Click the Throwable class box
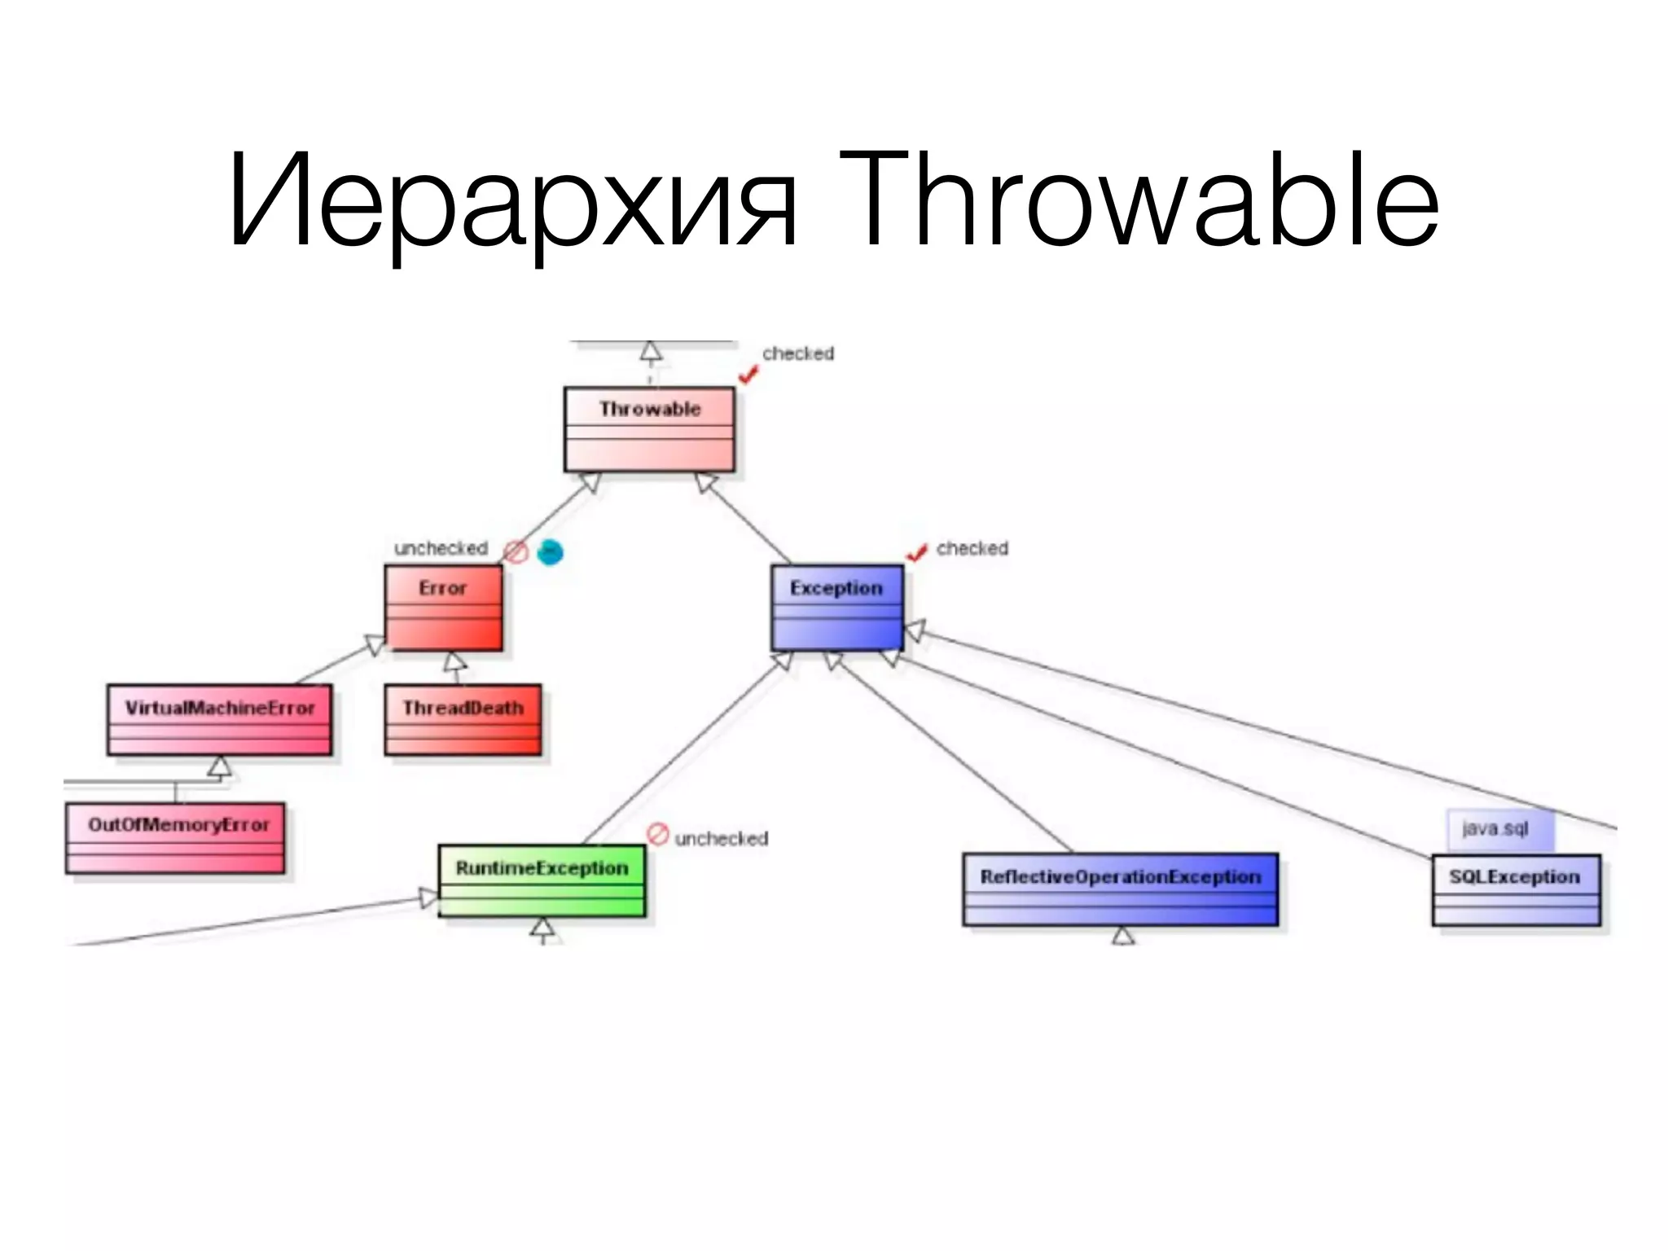649,429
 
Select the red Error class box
443,608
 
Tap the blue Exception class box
836,608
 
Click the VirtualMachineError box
219,719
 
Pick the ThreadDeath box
463,719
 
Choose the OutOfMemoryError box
175,837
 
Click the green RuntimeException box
542,880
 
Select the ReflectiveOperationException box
1120,889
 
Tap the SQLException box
1516,889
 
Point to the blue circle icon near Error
551,552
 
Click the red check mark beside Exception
917,553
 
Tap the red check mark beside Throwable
748,374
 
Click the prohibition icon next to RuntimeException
657,834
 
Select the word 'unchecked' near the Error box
441,548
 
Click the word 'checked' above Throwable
798,353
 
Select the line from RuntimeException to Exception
684,753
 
